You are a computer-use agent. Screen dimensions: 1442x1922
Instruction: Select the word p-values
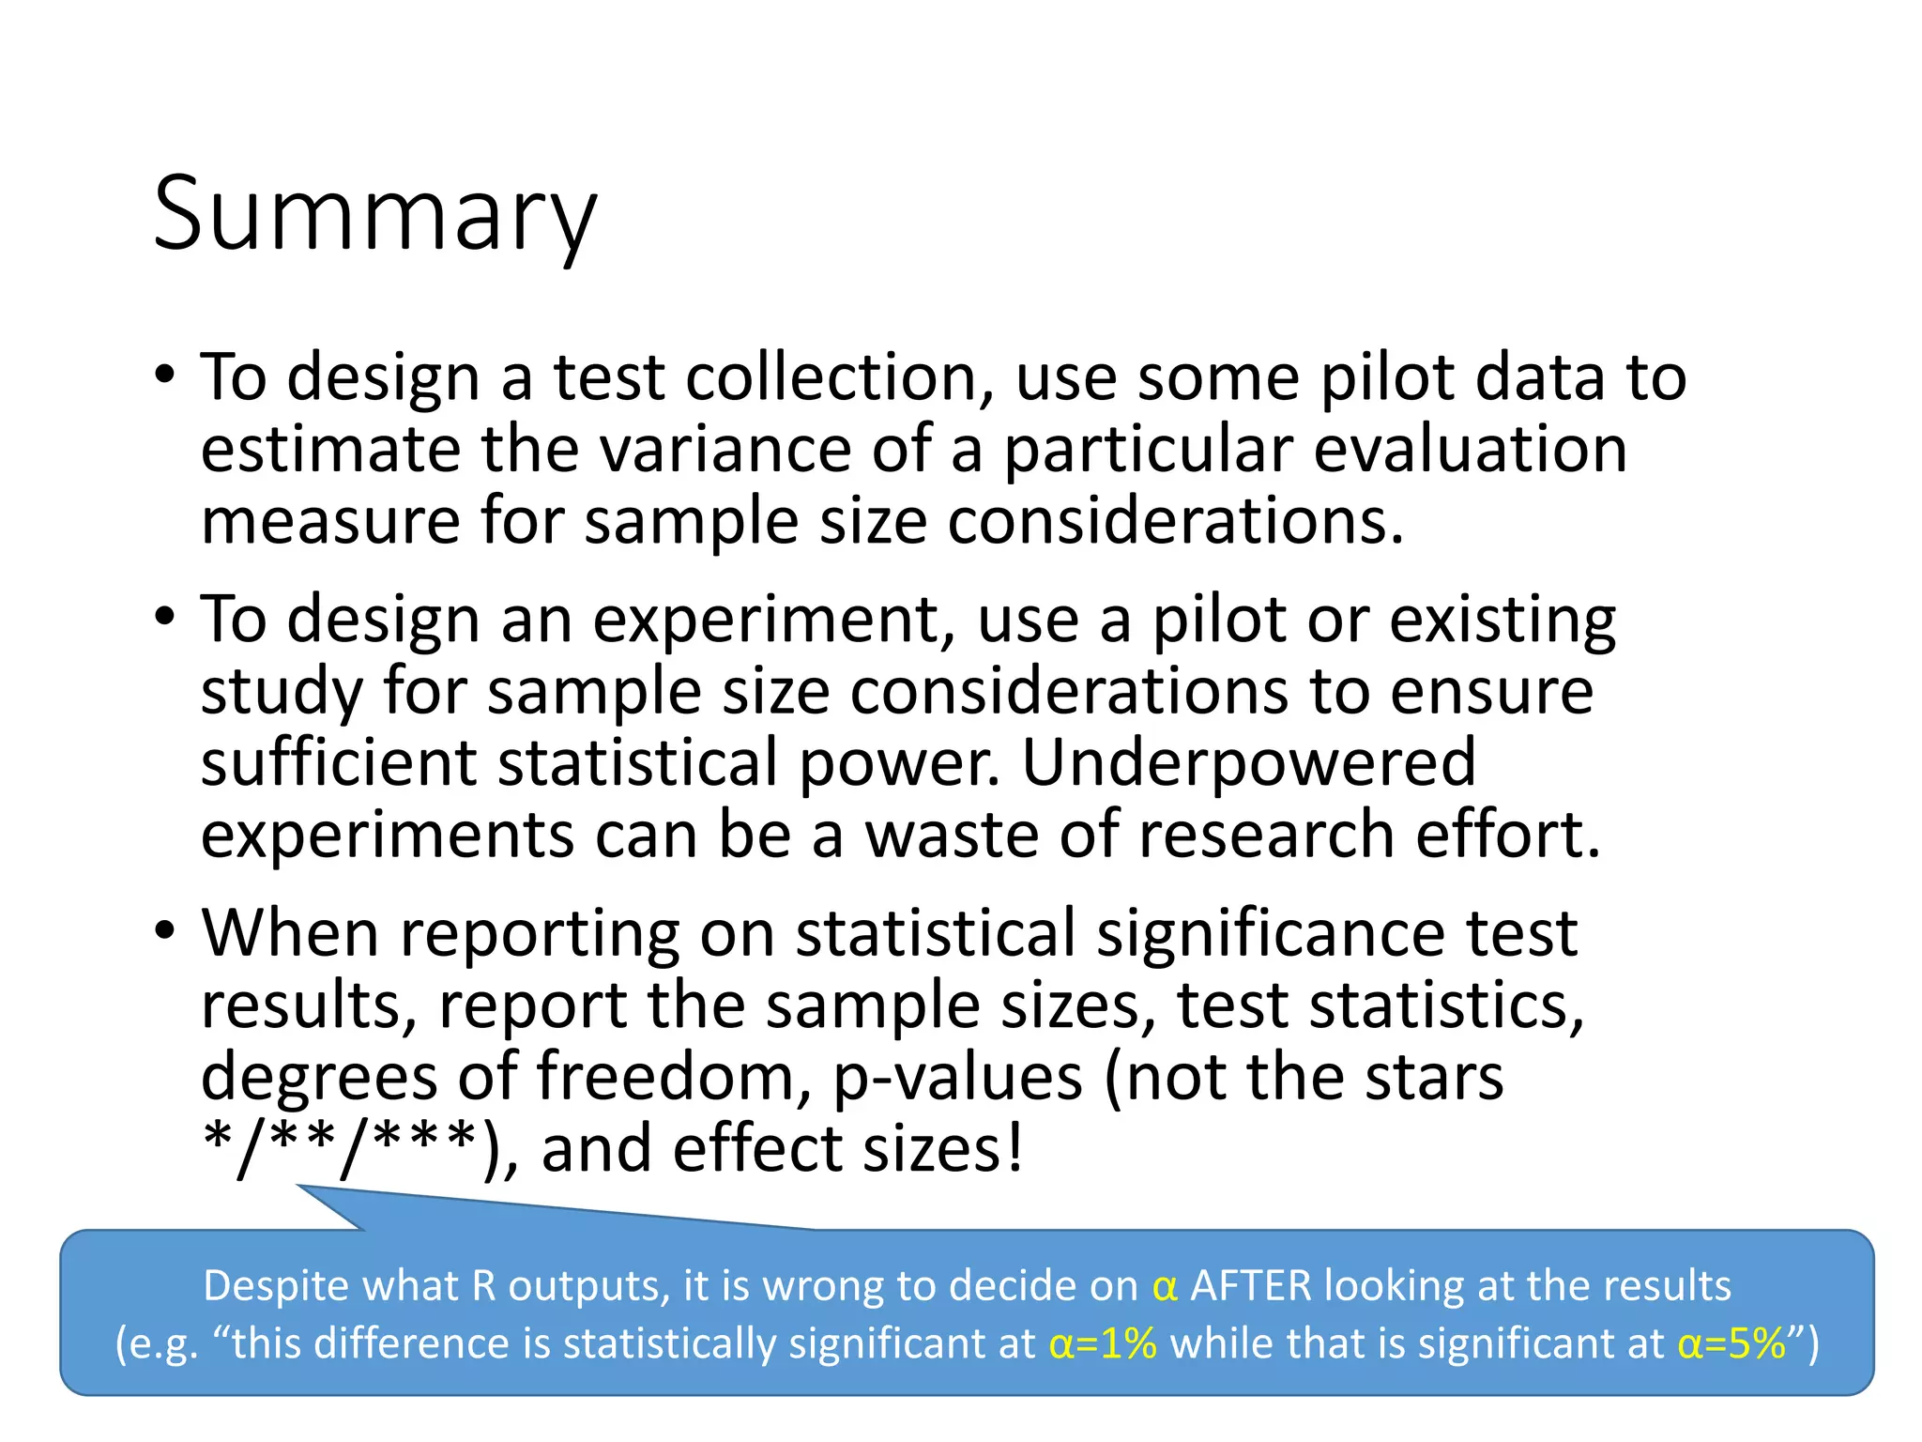coord(957,1076)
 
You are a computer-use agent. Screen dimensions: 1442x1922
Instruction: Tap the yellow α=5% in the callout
coord(1731,1343)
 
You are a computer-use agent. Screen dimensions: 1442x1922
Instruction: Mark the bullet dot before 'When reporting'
coord(165,932)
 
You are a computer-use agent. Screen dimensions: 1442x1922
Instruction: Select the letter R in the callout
coord(483,1285)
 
